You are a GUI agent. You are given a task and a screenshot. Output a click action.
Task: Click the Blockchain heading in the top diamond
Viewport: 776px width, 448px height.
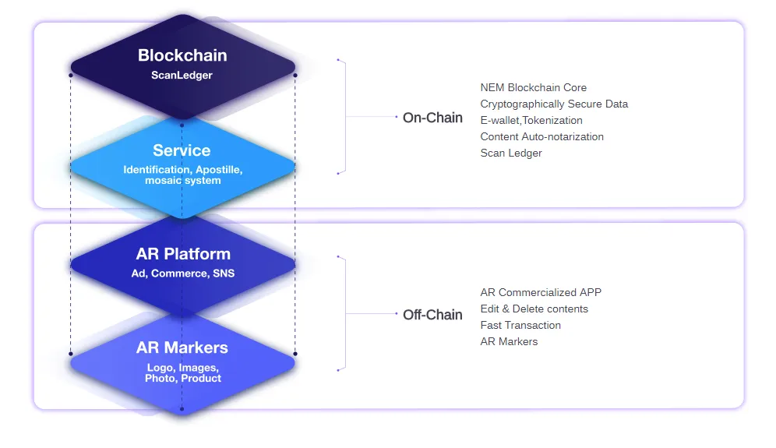pos(182,55)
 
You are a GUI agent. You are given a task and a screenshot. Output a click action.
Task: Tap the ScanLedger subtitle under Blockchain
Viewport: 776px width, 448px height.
pos(182,76)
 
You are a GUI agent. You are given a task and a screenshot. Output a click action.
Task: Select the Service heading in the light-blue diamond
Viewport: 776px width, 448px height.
pos(182,150)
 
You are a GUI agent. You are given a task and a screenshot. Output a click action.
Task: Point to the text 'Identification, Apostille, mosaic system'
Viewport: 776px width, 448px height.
pos(182,175)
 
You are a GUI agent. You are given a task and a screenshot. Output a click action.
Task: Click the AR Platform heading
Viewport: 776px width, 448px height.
pos(183,253)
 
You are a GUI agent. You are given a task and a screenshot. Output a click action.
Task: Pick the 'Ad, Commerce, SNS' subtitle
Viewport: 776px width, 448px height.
pos(182,273)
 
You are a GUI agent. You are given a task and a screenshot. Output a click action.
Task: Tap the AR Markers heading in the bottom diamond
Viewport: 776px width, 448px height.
pos(182,347)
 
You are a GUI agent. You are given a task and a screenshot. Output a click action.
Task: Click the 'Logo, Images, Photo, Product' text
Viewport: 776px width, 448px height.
pos(182,372)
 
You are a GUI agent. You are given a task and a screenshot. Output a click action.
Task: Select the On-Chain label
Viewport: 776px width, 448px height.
pos(432,118)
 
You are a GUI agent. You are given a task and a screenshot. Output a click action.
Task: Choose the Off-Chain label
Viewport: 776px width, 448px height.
pos(432,314)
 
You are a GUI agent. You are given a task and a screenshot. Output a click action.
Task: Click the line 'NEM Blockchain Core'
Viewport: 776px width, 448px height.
pos(534,87)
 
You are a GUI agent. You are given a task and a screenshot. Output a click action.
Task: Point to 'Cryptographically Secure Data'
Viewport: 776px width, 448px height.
pos(554,104)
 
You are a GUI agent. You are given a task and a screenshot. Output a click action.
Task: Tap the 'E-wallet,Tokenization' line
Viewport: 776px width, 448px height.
pos(531,120)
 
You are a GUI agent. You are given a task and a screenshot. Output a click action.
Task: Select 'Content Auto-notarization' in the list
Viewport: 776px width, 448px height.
pos(542,136)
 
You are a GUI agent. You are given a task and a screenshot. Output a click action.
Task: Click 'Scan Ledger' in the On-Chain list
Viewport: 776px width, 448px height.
pos(511,153)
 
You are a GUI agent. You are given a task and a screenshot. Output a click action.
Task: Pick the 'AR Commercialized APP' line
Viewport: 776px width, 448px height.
pos(541,292)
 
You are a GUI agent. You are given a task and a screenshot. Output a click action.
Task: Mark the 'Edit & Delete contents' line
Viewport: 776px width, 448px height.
pos(534,309)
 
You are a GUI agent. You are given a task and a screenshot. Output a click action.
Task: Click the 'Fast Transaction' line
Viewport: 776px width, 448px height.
pos(520,325)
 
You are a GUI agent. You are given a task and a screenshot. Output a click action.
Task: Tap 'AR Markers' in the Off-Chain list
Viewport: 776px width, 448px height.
pos(509,341)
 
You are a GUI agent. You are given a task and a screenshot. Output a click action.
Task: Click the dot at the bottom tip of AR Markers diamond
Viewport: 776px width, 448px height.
pos(182,409)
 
